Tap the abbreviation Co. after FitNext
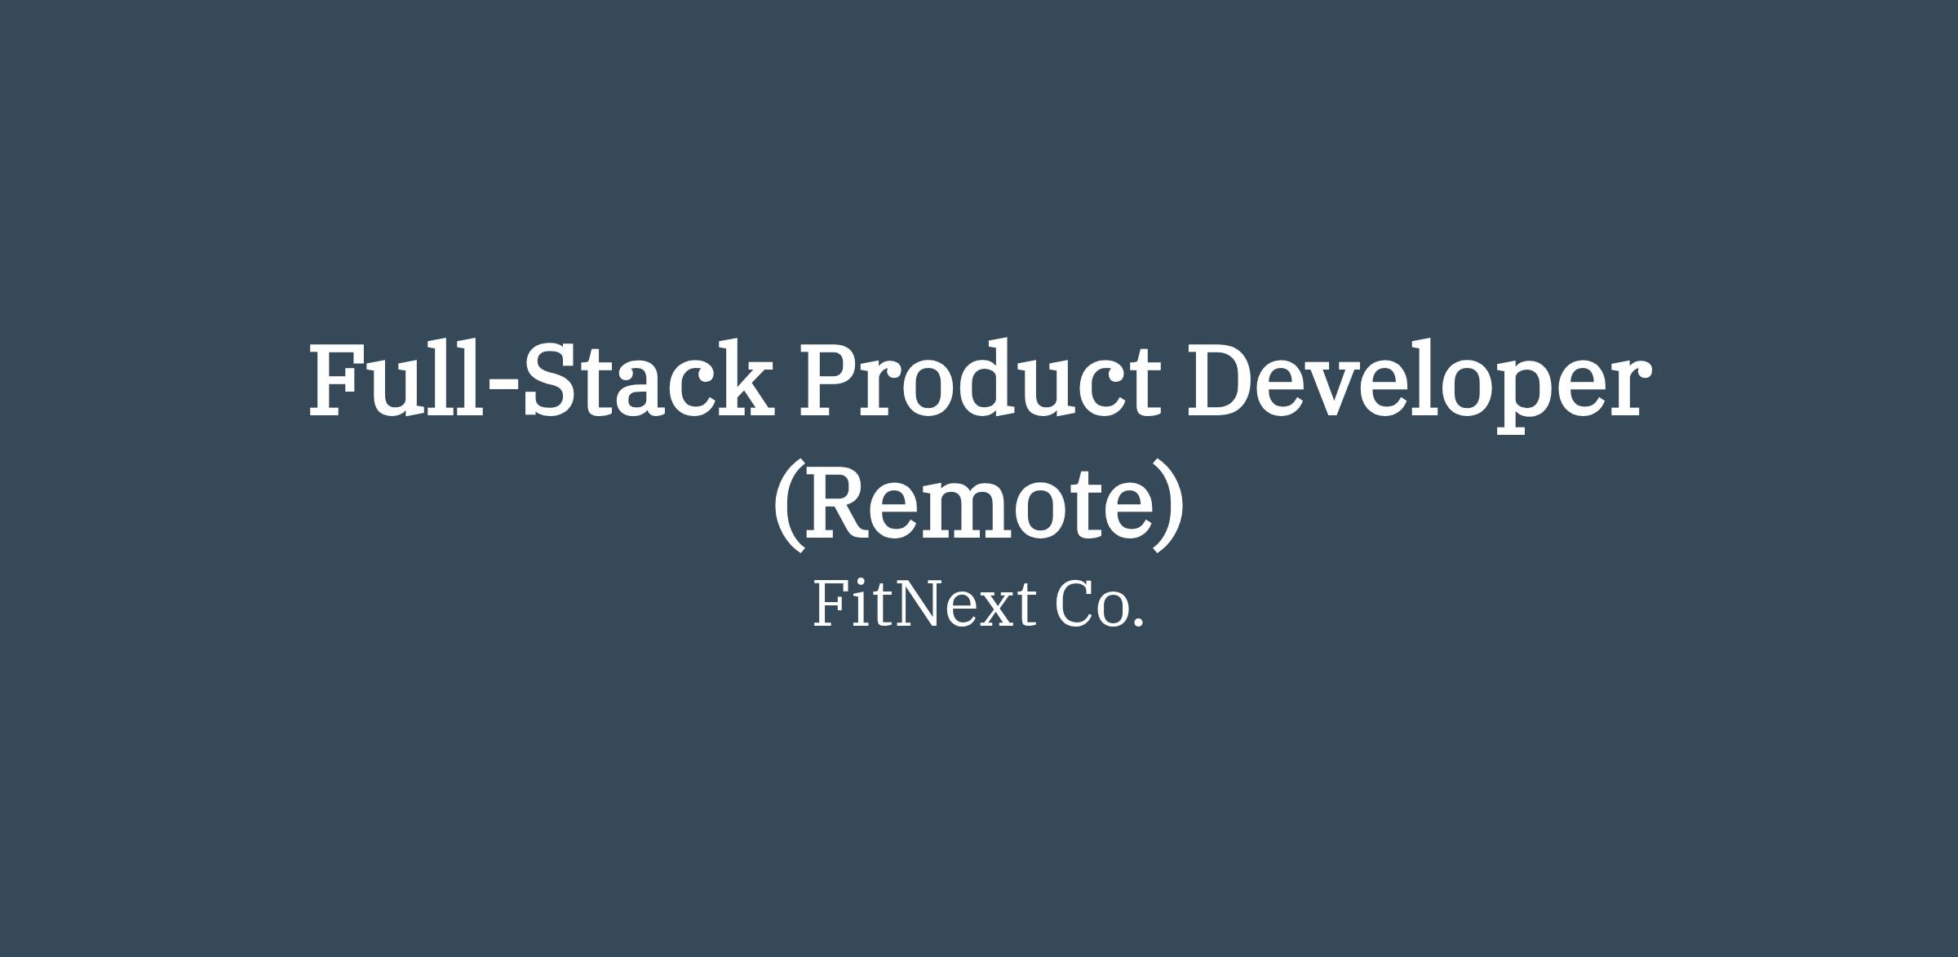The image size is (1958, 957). [x=1100, y=605]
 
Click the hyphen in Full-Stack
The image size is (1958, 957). [x=503, y=385]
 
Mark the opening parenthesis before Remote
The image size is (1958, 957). [x=787, y=507]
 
